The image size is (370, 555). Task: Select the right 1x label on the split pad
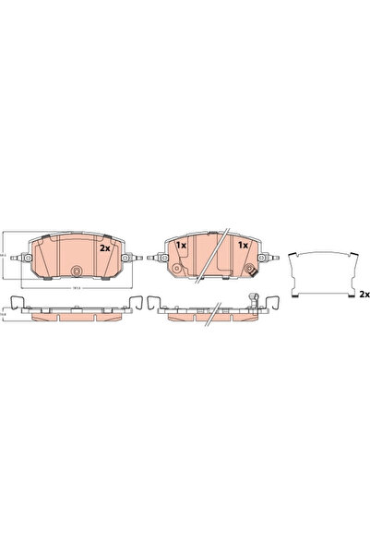pos(243,245)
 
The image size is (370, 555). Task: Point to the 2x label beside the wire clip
pos(364,295)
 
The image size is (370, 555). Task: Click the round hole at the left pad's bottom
pos(77,271)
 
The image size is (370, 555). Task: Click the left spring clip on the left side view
pos(13,301)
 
